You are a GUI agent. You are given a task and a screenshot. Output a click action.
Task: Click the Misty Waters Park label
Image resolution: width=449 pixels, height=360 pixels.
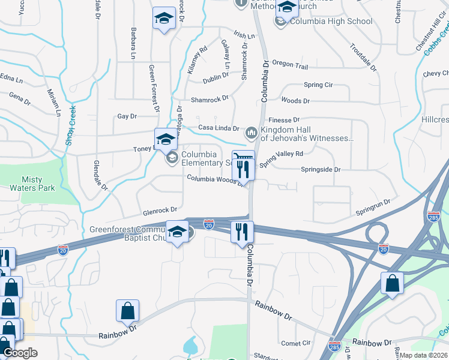click(39, 184)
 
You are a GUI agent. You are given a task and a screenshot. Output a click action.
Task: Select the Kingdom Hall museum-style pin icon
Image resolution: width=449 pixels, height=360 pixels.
click(252, 131)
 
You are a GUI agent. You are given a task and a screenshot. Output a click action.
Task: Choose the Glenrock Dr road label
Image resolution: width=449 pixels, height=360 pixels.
click(160, 211)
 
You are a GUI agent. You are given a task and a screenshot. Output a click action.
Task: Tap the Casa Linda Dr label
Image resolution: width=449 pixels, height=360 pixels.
click(220, 128)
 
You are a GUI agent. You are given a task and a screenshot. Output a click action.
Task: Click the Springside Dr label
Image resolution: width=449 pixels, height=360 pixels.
click(321, 170)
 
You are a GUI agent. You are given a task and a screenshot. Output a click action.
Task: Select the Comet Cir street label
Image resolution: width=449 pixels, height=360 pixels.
click(295, 344)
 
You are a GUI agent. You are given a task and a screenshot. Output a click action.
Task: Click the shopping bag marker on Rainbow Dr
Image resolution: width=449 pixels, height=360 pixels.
click(128, 310)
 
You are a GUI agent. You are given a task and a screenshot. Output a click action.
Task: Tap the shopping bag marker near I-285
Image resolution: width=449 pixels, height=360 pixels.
click(392, 284)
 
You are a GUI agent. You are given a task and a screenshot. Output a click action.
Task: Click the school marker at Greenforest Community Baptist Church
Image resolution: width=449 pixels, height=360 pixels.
click(177, 232)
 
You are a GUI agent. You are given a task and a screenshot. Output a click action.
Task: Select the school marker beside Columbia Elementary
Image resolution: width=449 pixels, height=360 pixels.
click(166, 139)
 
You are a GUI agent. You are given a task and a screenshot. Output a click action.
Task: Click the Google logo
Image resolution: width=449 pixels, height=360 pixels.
click(20, 353)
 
